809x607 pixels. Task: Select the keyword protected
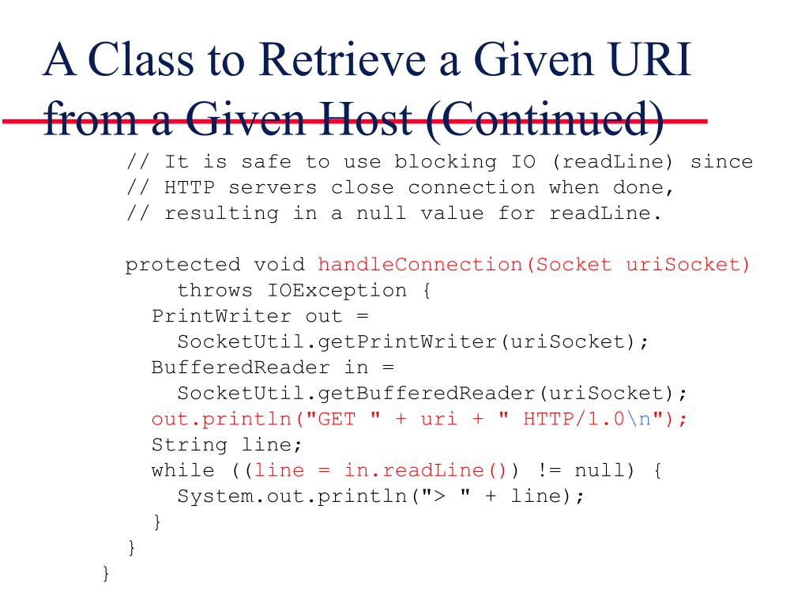pyautogui.click(x=182, y=265)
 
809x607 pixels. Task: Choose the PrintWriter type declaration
pyautogui.click(x=221, y=316)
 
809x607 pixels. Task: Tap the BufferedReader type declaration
pyautogui.click(x=240, y=368)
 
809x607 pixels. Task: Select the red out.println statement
pyautogui.click(x=419, y=419)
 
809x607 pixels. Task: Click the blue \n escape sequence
pyautogui.click(x=639, y=419)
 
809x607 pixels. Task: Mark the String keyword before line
pyautogui.click(x=190, y=444)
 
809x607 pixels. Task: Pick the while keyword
pyautogui.click(x=182, y=470)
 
